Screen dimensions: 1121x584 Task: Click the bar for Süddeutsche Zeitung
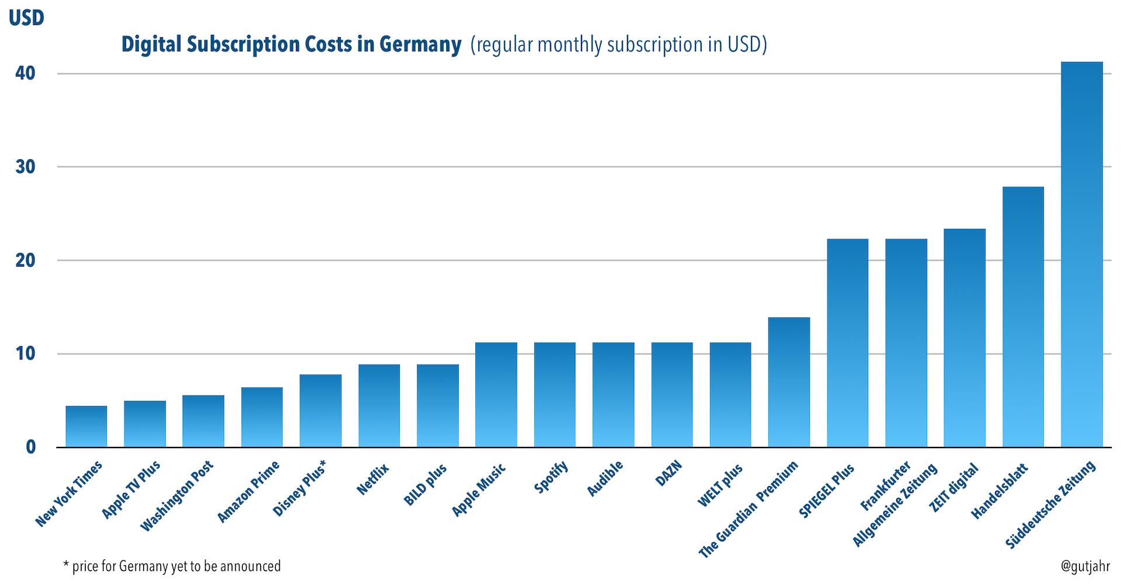(1082, 254)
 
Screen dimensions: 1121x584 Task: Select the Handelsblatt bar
(1023, 317)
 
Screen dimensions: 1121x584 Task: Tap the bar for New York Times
(86, 426)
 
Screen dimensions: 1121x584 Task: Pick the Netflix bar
(380, 405)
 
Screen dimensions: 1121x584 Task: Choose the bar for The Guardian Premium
(789, 382)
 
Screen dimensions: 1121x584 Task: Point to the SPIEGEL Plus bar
(848, 343)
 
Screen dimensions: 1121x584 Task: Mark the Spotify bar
(555, 395)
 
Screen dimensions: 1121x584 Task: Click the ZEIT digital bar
(965, 338)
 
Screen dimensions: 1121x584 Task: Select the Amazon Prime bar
(262, 417)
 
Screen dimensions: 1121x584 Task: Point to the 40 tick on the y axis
(26, 74)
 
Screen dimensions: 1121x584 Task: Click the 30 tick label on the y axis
(26, 167)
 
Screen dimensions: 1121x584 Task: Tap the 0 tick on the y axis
(31, 447)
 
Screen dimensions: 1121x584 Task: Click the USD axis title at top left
(27, 18)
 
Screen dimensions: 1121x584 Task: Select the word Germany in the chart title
(420, 44)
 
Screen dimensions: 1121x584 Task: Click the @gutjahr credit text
(1085, 566)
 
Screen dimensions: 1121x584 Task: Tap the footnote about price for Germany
(172, 566)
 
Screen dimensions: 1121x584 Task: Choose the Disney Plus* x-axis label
(300, 488)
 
